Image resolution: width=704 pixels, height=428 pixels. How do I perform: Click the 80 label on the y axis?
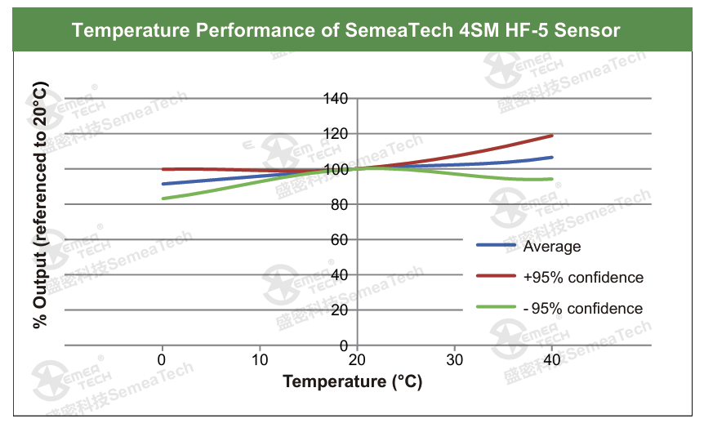(x=340, y=204)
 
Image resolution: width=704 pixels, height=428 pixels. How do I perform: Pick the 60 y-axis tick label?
(x=340, y=239)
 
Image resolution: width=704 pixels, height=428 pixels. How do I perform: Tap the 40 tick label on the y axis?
(x=340, y=274)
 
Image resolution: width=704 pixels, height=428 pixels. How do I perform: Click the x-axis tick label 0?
(x=162, y=360)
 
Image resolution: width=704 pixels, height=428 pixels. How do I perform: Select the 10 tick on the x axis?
(x=260, y=360)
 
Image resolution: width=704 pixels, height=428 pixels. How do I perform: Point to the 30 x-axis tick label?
(x=454, y=360)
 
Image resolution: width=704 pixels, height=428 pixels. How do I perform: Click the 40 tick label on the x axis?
(x=551, y=360)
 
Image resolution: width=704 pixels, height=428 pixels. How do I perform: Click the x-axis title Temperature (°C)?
(x=353, y=381)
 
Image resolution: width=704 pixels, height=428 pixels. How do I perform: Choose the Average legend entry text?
(x=552, y=247)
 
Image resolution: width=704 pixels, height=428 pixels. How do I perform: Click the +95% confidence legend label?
(x=583, y=278)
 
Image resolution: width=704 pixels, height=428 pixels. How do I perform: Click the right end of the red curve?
(x=552, y=136)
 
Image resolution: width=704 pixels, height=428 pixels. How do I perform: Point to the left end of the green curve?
(x=163, y=198)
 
